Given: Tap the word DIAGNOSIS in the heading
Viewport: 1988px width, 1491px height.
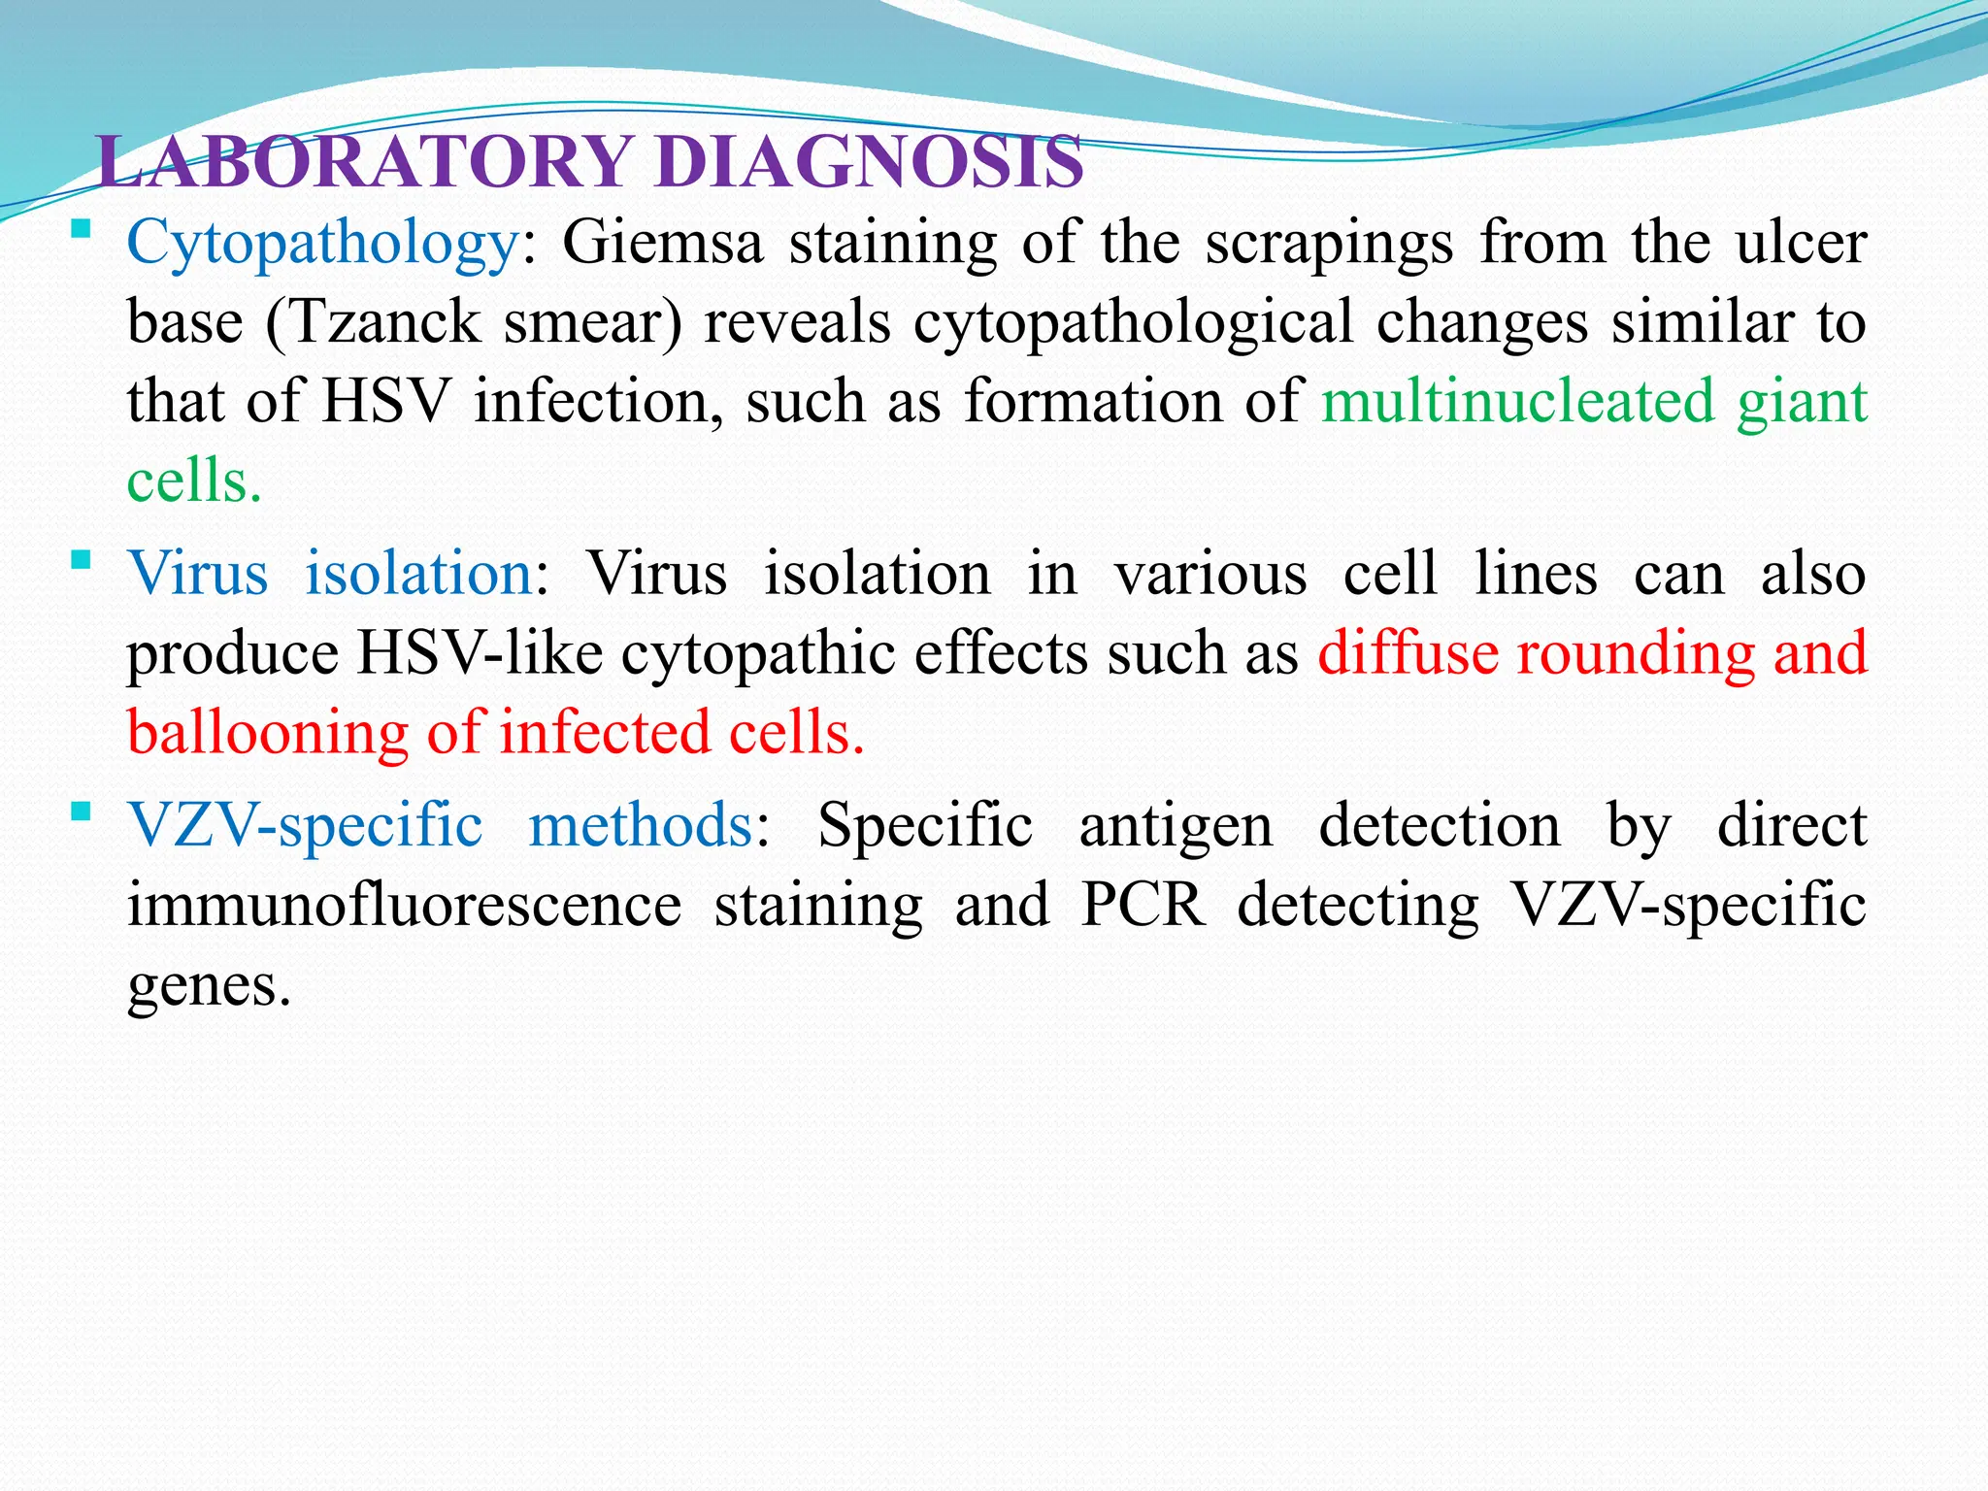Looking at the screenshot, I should [x=869, y=161].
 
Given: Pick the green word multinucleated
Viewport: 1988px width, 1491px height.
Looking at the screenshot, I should [x=1518, y=401].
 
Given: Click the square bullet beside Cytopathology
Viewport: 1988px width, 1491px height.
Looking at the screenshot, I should [x=82, y=230].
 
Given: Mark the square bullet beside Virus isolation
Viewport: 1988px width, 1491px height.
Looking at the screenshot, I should [x=82, y=560].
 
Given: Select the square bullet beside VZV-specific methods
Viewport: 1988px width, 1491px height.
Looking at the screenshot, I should [x=82, y=812].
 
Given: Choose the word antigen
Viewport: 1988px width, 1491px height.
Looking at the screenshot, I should [x=1176, y=827].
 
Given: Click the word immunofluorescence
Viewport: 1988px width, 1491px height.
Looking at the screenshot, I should [x=405, y=905].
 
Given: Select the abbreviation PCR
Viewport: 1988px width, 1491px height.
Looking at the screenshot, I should [x=1143, y=905].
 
